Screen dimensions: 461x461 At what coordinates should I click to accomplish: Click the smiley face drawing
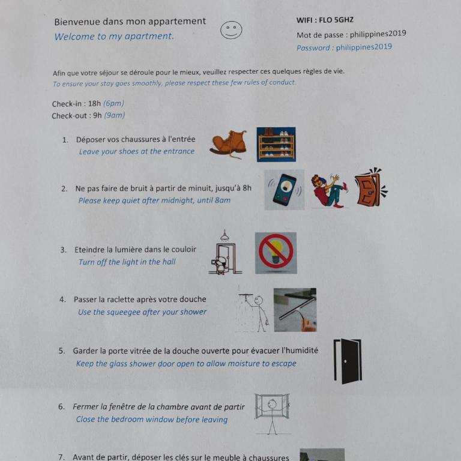(231, 29)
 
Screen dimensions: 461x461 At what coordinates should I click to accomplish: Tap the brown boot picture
(229, 144)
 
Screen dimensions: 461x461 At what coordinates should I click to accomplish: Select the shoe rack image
(276, 144)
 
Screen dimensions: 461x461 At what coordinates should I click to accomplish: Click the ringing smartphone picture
(285, 190)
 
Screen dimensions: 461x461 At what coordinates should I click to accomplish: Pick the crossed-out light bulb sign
(276, 253)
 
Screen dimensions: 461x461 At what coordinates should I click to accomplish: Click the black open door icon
(348, 361)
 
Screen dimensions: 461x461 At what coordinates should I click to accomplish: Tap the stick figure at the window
(273, 414)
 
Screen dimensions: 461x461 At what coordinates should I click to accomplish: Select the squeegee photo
(295, 310)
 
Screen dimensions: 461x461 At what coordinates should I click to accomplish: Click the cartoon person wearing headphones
(330, 190)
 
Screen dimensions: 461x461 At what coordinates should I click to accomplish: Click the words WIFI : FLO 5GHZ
(325, 20)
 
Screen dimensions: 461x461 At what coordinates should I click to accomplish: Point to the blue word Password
(313, 47)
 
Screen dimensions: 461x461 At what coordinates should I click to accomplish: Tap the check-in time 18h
(94, 103)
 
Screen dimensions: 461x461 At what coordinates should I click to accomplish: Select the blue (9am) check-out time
(115, 115)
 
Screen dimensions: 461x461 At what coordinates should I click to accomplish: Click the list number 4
(62, 300)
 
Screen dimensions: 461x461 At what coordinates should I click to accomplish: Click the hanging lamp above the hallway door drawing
(224, 235)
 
